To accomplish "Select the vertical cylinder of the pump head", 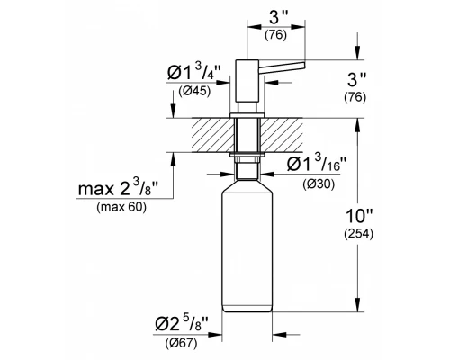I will click(240, 81).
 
